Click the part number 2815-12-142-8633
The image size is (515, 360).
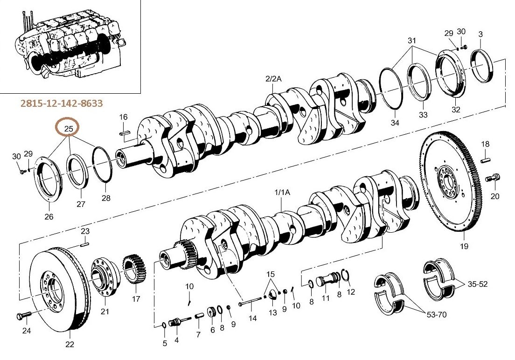tap(62, 104)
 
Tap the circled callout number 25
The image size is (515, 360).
tap(69, 128)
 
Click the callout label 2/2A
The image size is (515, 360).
tap(273, 79)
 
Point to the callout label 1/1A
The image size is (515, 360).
tap(282, 193)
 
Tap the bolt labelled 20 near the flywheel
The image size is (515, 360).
tap(492, 178)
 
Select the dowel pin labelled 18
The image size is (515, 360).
tap(486, 160)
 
